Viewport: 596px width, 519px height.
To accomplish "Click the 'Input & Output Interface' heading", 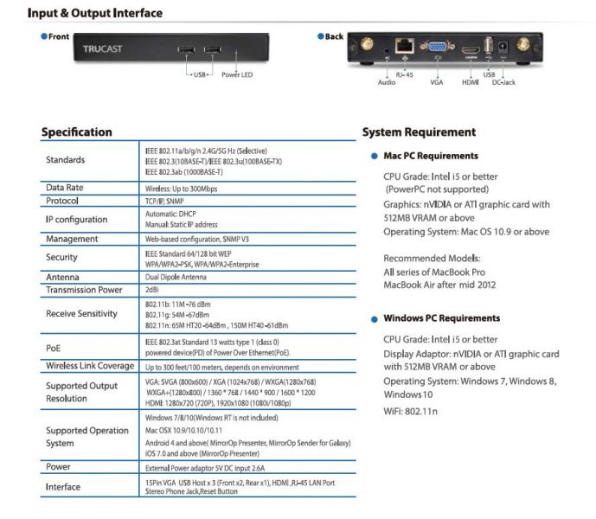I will [95, 13].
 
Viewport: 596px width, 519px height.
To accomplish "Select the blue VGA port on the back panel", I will [438, 48].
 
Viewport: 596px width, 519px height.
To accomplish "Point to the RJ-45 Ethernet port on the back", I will [404, 48].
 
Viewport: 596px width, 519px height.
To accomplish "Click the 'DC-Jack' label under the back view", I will [503, 82].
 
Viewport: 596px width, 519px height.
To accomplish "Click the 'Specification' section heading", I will [77, 132].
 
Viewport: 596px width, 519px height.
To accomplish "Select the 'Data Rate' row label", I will [65, 187].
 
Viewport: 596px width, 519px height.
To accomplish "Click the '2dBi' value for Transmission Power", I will [152, 290].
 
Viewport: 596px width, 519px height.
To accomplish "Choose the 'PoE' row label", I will [54, 346].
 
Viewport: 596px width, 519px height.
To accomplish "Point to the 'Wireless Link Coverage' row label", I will [90, 366].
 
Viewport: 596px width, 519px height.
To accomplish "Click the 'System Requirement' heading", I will [419, 132].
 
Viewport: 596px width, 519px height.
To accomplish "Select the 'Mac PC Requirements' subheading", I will [430, 156].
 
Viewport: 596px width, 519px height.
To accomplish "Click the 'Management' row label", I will [72, 239].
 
